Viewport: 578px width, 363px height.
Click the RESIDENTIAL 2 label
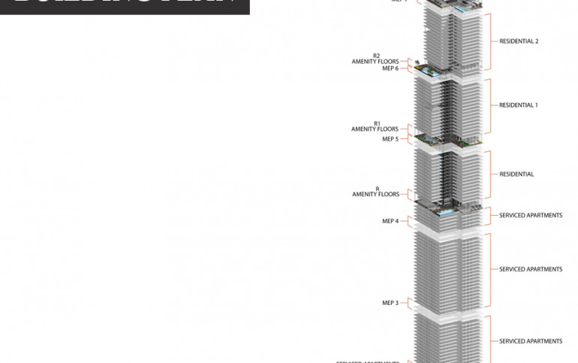(519, 41)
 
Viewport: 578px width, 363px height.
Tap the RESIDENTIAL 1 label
(519, 105)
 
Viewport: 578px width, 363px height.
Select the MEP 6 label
(390, 68)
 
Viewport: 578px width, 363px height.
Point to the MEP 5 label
(390, 139)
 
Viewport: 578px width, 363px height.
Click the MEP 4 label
(390, 221)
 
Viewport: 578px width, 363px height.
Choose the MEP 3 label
(390, 303)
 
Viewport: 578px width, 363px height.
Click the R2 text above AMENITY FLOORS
(377, 56)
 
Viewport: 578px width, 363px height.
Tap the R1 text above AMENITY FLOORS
(377, 123)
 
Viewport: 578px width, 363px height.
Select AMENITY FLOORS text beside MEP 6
(375, 62)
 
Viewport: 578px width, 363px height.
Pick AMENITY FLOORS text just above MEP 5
(375, 129)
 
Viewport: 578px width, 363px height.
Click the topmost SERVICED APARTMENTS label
(531, 216)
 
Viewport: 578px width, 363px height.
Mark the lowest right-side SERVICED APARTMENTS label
(531, 341)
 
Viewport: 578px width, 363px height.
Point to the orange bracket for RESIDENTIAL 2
(491, 41)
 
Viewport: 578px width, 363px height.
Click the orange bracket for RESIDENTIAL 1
(491, 105)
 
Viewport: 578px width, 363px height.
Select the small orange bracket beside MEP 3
(405, 303)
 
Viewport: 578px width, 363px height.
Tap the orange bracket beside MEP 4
(405, 221)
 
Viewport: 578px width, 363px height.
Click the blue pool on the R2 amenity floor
(429, 72)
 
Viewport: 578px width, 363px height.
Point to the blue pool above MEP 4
(446, 212)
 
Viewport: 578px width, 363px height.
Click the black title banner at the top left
(125, 7)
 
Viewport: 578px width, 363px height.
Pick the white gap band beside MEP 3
(449, 310)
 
